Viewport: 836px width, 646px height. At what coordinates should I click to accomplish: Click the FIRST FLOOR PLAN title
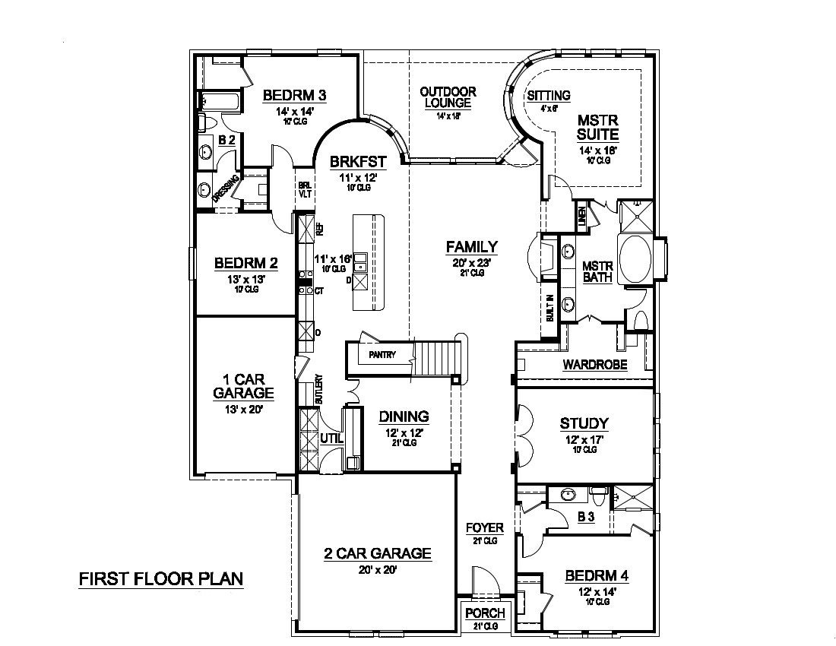tap(161, 578)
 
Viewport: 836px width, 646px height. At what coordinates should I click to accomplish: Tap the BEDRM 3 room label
tap(294, 95)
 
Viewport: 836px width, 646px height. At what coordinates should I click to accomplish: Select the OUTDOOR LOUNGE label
tap(448, 97)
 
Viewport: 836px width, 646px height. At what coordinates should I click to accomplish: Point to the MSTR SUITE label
tap(597, 128)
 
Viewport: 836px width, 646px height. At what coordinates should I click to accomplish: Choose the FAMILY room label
tap(471, 246)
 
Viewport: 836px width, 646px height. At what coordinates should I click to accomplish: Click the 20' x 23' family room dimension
tap(471, 262)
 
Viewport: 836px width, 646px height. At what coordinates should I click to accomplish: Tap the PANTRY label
tap(382, 354)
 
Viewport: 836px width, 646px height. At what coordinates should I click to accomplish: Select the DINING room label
tap(404, 416)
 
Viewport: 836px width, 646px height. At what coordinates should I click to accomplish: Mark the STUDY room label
tap(584, 423)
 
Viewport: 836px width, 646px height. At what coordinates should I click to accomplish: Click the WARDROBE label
tap(594, 365)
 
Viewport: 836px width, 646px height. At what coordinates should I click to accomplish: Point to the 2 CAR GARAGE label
tap(376, 553)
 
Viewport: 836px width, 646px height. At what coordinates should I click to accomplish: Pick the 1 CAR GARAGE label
tap(243, 385)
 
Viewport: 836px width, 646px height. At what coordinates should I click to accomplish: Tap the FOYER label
tap(484, 527)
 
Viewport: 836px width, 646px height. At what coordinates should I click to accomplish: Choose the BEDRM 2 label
tap(245, 263)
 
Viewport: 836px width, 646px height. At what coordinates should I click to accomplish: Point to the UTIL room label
tap(331, 438)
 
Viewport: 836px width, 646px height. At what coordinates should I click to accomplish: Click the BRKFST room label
tap(358, 161)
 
